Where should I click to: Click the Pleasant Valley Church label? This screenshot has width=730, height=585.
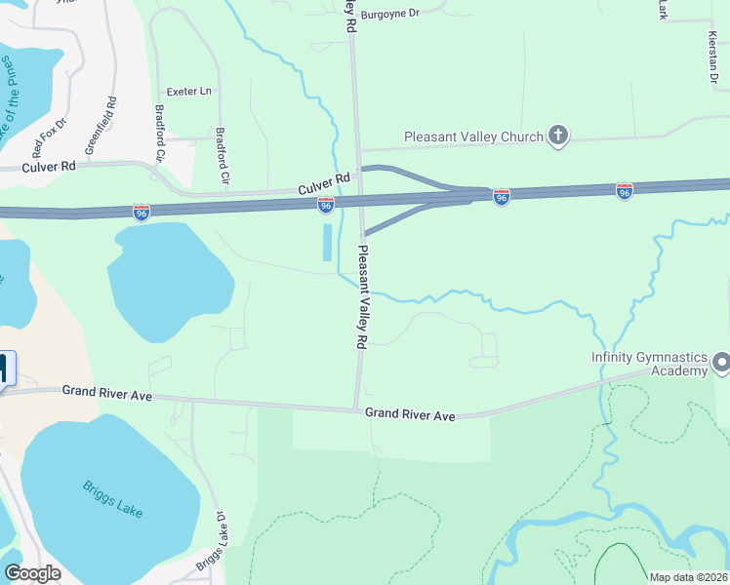[473, 136]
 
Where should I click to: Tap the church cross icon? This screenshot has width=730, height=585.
[558, 136]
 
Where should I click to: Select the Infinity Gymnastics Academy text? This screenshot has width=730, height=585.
[648, 363]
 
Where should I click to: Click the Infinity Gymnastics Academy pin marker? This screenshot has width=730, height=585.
[721, 364]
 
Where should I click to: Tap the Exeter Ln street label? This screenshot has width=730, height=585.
[188, 91]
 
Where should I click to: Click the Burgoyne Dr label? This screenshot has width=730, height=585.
[389, 14]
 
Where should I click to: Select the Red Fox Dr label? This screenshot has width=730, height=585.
[49, 137]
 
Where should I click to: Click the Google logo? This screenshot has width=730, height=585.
[33, 573]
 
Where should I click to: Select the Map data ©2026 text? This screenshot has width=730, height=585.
[688, 577]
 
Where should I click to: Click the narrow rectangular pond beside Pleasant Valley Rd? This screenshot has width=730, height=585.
[327, 243]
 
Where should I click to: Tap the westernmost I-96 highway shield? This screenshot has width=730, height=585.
[142, 212]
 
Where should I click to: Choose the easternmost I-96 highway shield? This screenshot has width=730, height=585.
[624, 191]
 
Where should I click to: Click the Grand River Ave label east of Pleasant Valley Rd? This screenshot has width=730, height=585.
[410, 415]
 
